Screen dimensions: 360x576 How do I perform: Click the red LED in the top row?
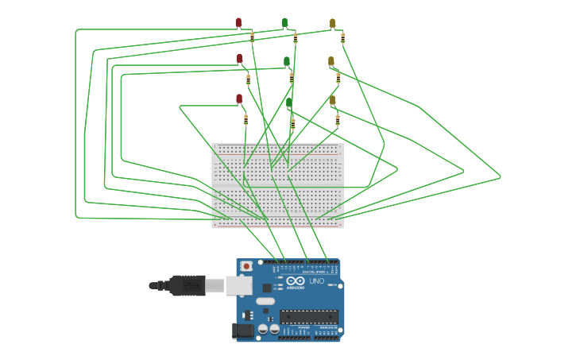(x=238, y=22)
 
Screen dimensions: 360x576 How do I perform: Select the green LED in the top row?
(x=284, y=22)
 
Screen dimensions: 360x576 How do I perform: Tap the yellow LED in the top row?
(x=332, y=23)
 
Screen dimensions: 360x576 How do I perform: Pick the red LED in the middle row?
(x=239, y=59)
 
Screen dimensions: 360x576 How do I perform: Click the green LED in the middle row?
(x=287, y=61)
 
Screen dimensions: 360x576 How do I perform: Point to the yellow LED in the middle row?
(x=331, y=61)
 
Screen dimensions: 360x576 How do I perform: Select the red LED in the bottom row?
(x=239, y=99)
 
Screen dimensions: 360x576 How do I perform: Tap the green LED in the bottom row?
(x=289, y=103)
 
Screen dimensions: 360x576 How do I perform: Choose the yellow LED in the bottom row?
(x=332, y=100)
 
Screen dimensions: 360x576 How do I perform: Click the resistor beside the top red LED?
(x=252, y=37)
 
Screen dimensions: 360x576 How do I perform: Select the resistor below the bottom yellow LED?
(x=338, y=120)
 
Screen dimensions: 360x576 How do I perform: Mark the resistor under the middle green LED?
(x=292, y=78)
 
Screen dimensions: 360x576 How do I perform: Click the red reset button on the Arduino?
(x=246, y=265)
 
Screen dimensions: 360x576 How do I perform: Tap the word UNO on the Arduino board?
(x=316, y=281)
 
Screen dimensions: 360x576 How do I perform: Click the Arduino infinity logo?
(x=296, y=281)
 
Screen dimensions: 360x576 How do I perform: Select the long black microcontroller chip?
(x=309, y=316)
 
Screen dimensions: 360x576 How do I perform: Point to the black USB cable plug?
(x=187, y=285)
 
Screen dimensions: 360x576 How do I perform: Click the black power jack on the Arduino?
(x=243, y=330)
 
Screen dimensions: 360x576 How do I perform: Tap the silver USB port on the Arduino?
(x=238, y=285)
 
